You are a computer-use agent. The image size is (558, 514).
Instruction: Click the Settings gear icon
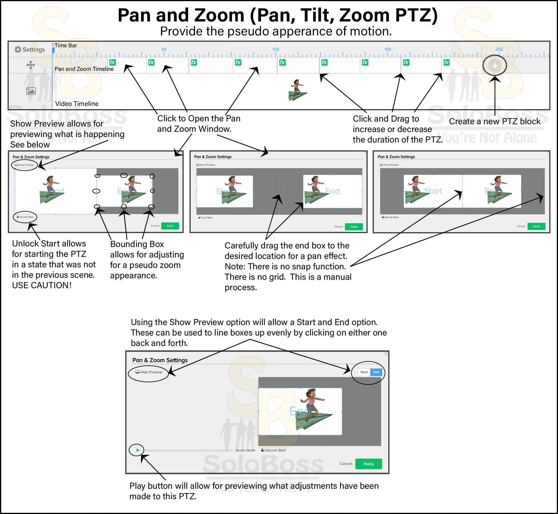point(18,50)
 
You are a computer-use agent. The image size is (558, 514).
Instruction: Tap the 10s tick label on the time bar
point(276,49)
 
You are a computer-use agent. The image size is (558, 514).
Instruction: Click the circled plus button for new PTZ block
point(495,66)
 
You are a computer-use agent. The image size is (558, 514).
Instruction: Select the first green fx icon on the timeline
point(112,62)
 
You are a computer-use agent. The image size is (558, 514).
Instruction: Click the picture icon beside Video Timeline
point(31,91)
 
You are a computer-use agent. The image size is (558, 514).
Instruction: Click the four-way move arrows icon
point(31,65)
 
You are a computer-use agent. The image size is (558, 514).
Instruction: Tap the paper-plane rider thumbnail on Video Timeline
point(298,90)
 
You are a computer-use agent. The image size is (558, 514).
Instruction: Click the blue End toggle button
point(376,372)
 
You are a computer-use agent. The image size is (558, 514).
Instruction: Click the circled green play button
point(137,450)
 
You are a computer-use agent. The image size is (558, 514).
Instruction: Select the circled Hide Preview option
point(149,372)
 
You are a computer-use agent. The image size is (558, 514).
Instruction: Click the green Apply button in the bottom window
point(369,464)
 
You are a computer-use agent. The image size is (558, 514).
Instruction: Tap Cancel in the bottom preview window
point(346,464)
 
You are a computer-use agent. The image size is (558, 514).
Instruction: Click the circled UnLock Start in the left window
point(25,217)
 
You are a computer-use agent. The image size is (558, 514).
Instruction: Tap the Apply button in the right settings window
point(536,226)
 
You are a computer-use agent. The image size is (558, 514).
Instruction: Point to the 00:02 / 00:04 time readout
point(245,450)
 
